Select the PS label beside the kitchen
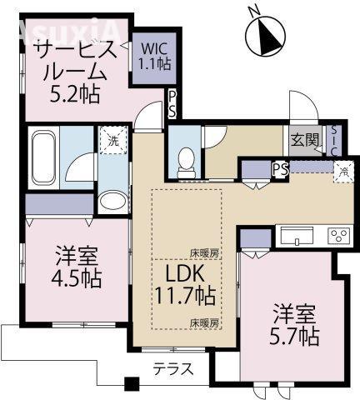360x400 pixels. click(281, 169)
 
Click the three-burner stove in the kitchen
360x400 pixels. click(338, 235)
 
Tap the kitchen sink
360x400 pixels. click(297, 237)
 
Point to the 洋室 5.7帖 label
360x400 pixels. click(297, 325)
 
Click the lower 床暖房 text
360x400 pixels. click(203, 322)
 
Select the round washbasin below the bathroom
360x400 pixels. click(109, 200)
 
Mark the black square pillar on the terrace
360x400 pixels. click(129, 385)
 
